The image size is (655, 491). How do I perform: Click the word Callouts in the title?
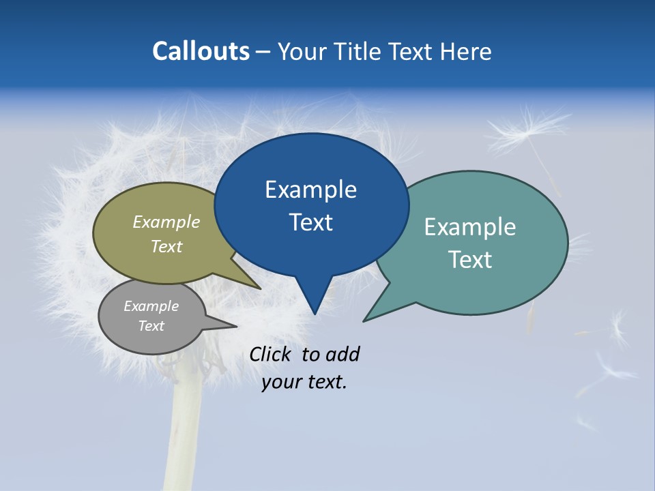(201, 51)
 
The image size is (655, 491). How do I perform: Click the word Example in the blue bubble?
(310, 190)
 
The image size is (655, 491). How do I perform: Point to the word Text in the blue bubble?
(310, 222)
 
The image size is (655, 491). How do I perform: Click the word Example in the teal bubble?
(470, 227)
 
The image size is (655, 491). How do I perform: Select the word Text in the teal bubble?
(470, 260)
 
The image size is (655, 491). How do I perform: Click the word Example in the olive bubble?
(166, 222)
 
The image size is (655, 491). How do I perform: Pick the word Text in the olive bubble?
(166, 246)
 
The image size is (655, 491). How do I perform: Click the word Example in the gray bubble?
(151, 306)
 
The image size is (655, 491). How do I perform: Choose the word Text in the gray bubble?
(151, 326)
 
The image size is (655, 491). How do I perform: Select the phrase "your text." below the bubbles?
(304, 382)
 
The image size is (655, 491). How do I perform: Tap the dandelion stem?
(183, 436)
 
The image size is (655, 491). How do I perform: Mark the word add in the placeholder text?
(343, 354)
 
